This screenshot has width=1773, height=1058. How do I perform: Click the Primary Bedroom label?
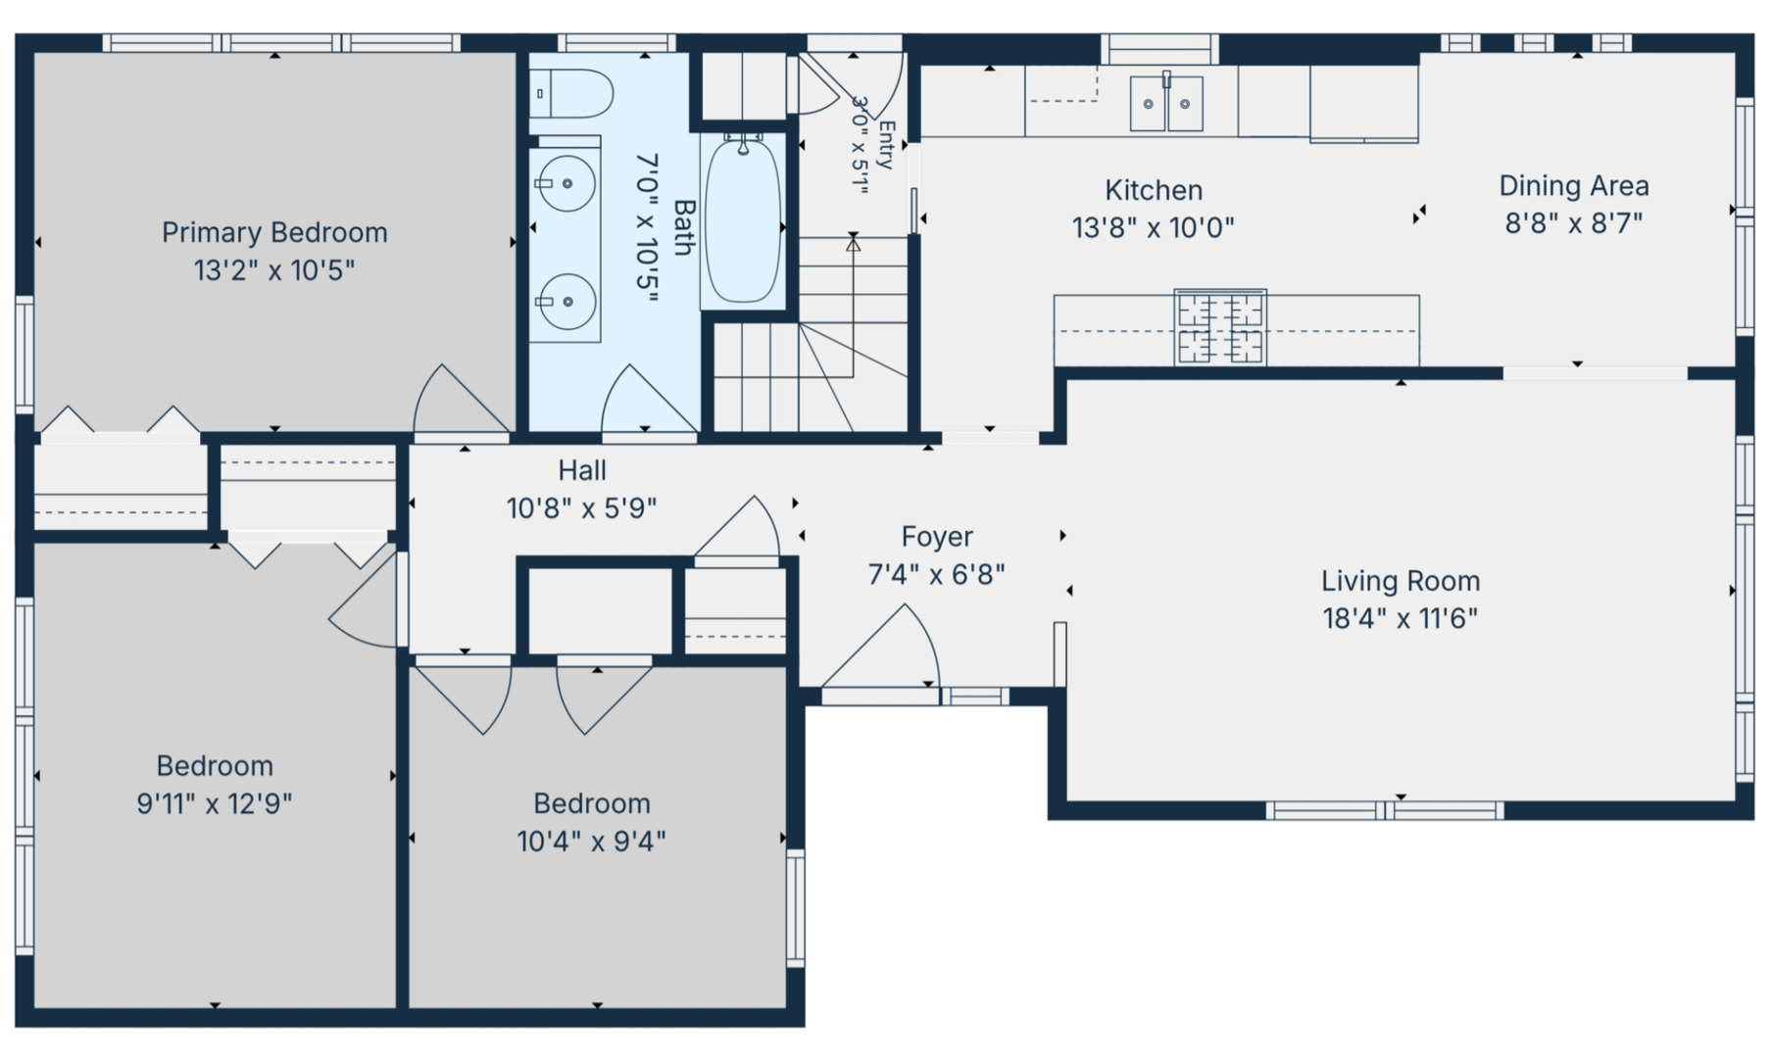click(x=274, y=233)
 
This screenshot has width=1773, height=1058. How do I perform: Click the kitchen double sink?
click(x=1166, y=102)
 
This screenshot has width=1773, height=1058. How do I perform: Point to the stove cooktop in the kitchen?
click(x=1220, y=327)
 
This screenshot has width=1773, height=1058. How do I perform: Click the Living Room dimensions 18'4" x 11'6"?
click(x=1400, y=619)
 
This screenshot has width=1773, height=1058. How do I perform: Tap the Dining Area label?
click(x=1574, y=186)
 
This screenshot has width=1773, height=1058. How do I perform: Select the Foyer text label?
click(x=937, y=537)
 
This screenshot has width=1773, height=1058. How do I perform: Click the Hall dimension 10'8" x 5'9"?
click(x=581, y=508)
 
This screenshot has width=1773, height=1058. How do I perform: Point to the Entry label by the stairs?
click(x=886, y=146)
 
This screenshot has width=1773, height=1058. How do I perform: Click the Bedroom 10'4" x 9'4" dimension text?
click(x=591, y=842)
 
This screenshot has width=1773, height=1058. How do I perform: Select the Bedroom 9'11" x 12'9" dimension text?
click(x=215, y=804)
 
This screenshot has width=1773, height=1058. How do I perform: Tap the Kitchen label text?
click(x=1154, y=190)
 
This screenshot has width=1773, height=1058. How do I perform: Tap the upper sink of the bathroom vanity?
click(x=566, y=183)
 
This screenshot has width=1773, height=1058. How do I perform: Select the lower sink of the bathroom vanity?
click(x=566, y=302)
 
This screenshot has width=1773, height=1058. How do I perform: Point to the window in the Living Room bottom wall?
click(x=1384, y=810)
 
